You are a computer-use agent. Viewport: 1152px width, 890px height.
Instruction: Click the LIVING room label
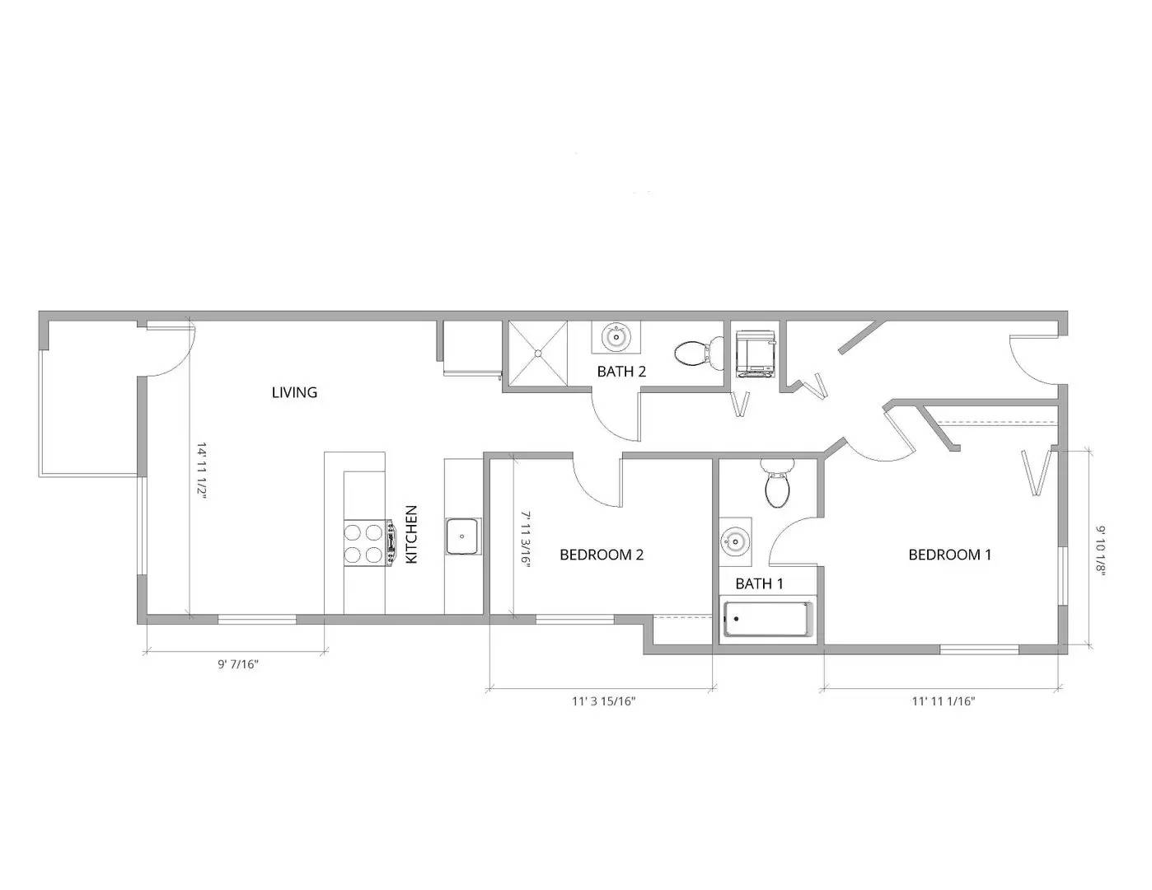tap(294, 393)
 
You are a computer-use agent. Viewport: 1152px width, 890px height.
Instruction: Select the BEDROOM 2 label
tap(601, 555)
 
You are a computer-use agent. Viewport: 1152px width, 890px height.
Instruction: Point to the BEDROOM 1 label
tap(949, 555)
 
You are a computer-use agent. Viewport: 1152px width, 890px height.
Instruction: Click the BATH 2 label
tap(621, 372)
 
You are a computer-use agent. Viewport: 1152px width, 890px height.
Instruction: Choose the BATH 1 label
tap(759, 584)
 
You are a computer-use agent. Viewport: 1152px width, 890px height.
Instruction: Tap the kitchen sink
tap(462, 536)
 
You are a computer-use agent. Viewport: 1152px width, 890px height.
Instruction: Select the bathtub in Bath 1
tap(767, 620)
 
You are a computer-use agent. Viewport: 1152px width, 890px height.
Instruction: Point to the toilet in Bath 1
tap(776, 484)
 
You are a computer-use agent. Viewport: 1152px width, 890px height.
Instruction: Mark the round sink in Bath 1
tap(733, 541)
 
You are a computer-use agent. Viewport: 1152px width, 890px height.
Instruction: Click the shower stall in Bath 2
tap(537, 352)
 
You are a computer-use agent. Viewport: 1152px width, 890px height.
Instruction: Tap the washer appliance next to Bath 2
tap(754, 354)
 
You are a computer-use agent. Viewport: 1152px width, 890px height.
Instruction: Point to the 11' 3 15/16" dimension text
tap(604, 702)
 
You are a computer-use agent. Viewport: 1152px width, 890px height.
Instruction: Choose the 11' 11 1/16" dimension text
tap(944, 702)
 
